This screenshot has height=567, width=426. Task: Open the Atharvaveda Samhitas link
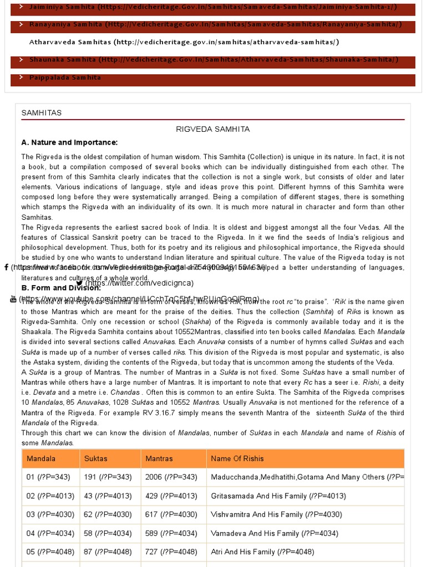point(184,42)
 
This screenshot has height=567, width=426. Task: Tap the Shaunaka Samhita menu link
point(214,60)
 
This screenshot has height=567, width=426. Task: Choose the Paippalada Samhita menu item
point(65,78)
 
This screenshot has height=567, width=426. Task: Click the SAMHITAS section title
point(42,113)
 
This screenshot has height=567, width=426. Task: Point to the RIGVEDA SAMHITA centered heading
point(213,129)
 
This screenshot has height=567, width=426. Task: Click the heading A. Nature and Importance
point(69,142)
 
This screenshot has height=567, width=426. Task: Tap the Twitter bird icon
point(79,283)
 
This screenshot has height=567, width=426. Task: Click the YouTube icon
point(13,299)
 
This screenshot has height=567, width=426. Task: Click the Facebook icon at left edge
point(6,267)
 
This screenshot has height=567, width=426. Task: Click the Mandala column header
point(41,458)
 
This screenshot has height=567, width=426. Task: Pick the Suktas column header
point(96,458)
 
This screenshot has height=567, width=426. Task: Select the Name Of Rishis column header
point(237,458)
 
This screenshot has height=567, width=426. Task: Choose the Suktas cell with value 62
point(108,515)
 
